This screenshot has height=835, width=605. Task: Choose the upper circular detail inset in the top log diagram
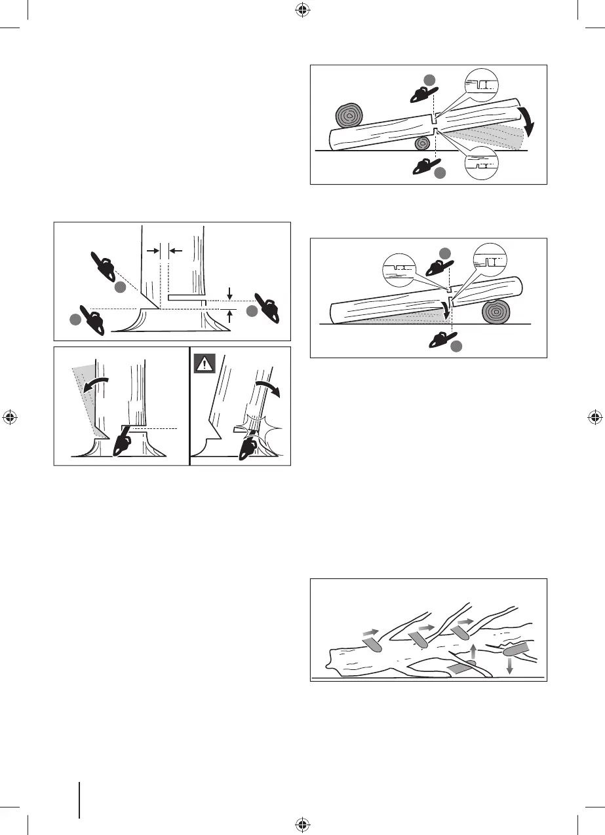[x=480, y=84]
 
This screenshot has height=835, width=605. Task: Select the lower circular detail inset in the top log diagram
[x=480, y=165]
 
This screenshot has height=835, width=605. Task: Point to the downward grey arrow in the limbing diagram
[x=510, y=665]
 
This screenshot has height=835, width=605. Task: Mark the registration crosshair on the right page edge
[x=595, y=417]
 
